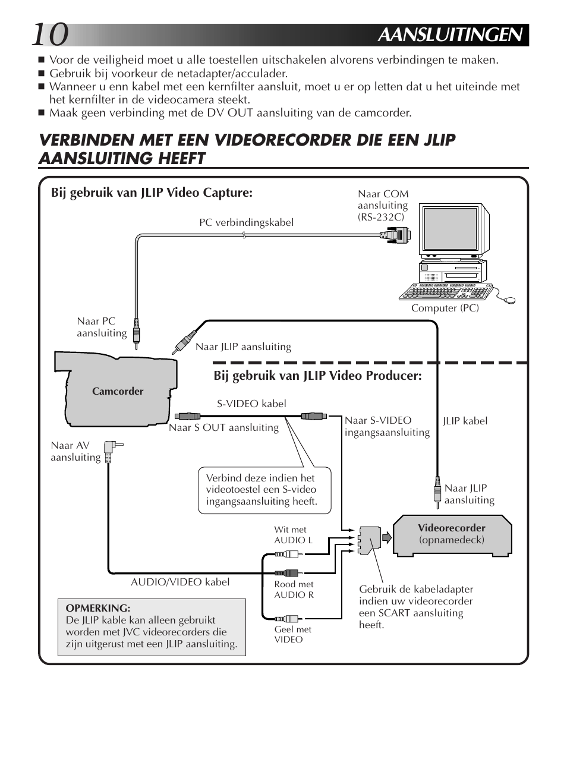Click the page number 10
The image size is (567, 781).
tap(50, 35)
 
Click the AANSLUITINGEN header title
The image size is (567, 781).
tap(452, 35)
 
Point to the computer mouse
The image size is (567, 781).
tap(509, 301)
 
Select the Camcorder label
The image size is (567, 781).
tap(118, 391)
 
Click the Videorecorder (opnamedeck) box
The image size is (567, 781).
tap(452, 534)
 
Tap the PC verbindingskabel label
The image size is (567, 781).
tap(246, 222)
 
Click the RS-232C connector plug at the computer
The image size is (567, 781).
tap(395, 236)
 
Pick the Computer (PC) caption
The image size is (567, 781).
tap(445, 308)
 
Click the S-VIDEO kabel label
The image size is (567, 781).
tap(251, 404)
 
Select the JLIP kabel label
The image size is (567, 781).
tap(465, 421)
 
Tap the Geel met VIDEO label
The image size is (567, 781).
tap(292, 634)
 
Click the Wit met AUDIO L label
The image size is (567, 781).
tap(292, 535)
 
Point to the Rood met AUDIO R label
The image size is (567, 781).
tap(294, 590)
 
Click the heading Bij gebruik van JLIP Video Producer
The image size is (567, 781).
tap(317, 376)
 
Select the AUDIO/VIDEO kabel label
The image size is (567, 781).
tap(180, 582)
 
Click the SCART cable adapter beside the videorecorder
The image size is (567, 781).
tap(369, 539)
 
